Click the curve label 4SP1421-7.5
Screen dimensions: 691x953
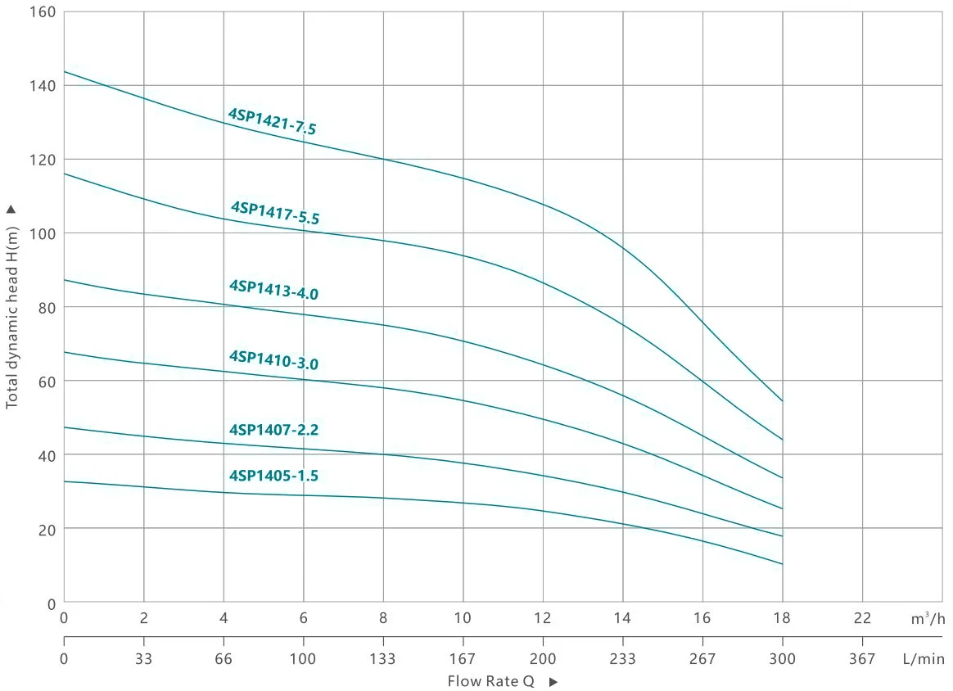pyautogui.click(x=272, y=121)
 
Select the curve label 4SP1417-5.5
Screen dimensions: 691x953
pyautogui.click(x=275, y=213)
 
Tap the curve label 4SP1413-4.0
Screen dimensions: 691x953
pyautogui.click(x=273, y=289)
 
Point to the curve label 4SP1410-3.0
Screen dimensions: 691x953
pyautogui.click(x=273, y=359)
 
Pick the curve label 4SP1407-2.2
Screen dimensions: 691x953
pyautogui.click(x=273, y=429)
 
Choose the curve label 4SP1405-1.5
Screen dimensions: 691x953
pyautogui.click(x=273, y=475)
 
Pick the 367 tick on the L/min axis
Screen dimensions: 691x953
pyautogui.click(x=862, y=657)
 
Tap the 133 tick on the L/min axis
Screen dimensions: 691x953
pyautogui.click(x=383, y=657)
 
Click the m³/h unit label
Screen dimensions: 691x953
pyautogui.click(x=928, y=619)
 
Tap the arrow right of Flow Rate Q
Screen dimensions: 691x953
pyautogui.click(x=553, y=682)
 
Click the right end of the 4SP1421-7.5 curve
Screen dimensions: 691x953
pyautogui.click(x=783, y=400)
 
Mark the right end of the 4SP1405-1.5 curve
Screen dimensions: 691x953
pyautogui.click(x=783, y=564)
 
